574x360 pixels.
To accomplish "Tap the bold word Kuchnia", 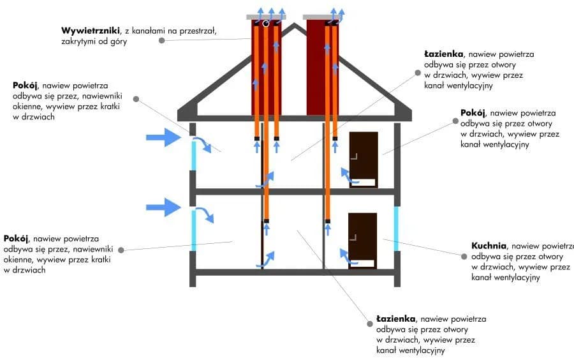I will [489, 246].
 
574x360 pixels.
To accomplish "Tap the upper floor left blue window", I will [193, 156].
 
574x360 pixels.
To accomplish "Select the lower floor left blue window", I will [193, 230].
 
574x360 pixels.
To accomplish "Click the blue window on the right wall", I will [397, 229].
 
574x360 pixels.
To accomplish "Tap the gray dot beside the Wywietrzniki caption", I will [162, 40].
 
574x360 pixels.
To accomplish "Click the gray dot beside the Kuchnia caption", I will [464, 256].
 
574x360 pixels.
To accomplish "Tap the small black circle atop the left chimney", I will [265, 24].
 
